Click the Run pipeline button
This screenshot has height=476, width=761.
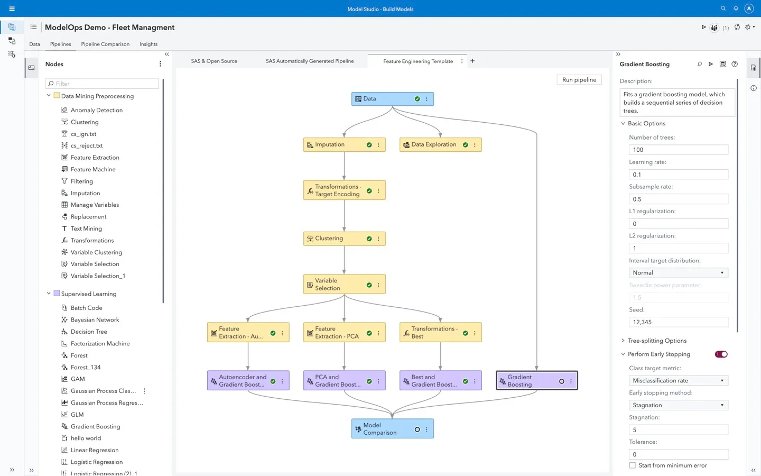pos(579,80)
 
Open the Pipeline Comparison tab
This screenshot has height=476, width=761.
pos(105,44)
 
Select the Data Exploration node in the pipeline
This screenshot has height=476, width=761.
pos(433,144)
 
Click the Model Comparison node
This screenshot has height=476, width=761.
pos(379,429)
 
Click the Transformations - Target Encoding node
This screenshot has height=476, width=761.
pos(338,190)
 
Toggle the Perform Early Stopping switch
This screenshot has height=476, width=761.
pos(721,354)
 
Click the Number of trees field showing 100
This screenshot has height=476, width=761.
pos(678,150)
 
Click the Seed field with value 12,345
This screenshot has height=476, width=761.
pos(678,322)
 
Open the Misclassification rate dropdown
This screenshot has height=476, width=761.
pos(678,381)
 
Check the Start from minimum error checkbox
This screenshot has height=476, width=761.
pos(633,465)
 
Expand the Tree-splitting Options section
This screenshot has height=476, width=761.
pos(657,341)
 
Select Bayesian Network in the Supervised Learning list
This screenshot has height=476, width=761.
pos(95,320)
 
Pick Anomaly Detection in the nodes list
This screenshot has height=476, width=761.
pos(96,110)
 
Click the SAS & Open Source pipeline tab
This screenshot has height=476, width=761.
pos(214,61)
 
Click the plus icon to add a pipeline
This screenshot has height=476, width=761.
pos(472,61)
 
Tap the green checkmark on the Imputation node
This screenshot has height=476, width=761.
pos(369,145)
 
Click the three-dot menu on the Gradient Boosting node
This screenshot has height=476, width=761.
pos(571,381)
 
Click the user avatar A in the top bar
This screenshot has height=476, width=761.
pos(748,8)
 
